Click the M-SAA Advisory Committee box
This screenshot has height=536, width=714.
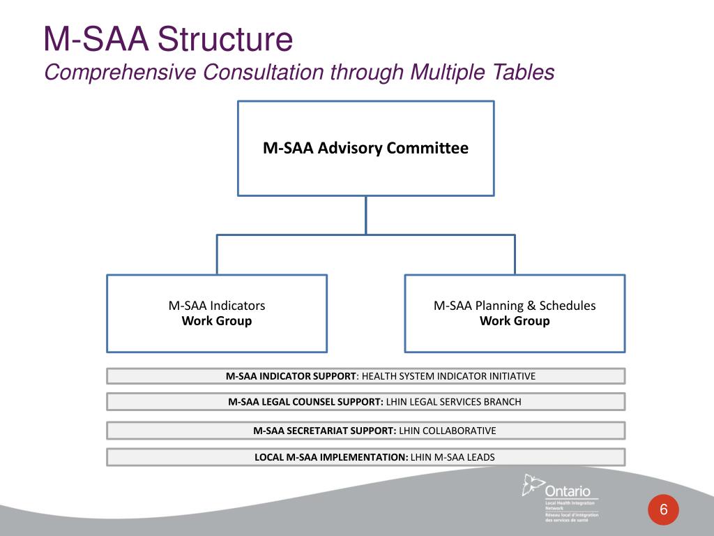pyautogui.click(x=365, y=148)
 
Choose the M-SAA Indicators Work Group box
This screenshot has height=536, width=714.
pyautogui.click(x=217, y=313)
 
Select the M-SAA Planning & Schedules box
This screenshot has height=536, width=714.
pyautogui.click(x=515, y=313)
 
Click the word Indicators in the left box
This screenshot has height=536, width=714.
pyautogui.click(x=238, y=306)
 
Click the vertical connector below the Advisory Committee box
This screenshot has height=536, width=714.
pyautogui.click(x=366, y=214)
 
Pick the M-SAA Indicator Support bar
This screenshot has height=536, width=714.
pyautogui.click(x=365, y=376)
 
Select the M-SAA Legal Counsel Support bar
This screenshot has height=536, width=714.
pyautogui.click(x=365, y=401)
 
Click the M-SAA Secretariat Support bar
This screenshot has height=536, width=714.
pyautogui.click(x=365, y=431)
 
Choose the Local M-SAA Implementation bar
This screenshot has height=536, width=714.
pyautogui.click(x=365, y=457)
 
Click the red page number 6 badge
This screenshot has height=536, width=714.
pyautogui.click(x=664, y=510)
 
